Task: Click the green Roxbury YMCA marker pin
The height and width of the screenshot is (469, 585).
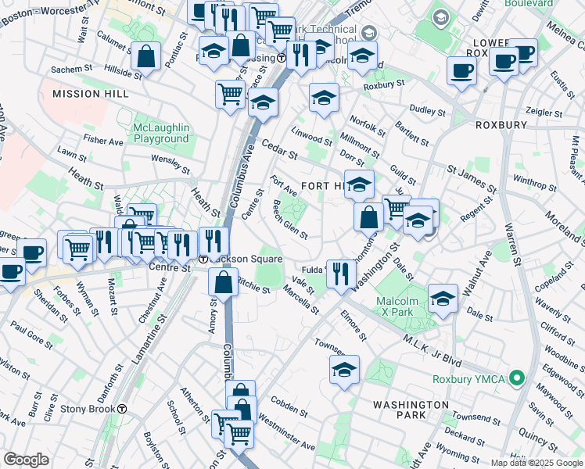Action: tap(515, 379)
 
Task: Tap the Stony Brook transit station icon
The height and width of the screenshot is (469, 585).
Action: tap(123, 408)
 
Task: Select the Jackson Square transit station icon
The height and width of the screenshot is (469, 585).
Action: tap(203, 259)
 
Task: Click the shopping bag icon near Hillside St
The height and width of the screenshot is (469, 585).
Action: tap(146, 56)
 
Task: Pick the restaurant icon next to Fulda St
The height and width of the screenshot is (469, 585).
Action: tap(340, 273)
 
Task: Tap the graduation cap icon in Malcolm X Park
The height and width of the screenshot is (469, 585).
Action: tap(443, 299)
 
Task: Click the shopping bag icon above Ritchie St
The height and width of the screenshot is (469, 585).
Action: tap(224, 282)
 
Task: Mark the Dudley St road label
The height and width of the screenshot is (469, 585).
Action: tap(428, 111)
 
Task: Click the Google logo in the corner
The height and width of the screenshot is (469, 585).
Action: tap(26, 460)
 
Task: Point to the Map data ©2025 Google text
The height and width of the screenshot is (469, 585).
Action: tap(537, 463)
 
